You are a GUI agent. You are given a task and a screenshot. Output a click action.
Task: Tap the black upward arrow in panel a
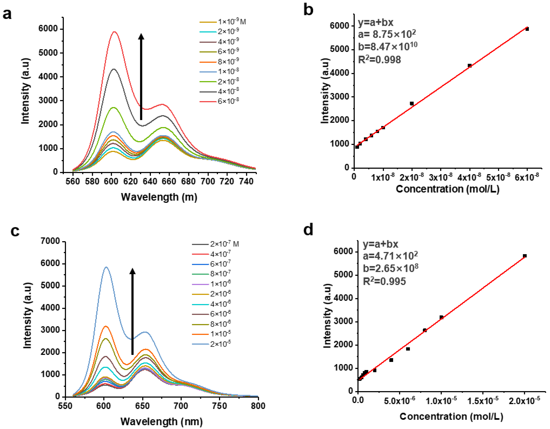click(x=141, y=76)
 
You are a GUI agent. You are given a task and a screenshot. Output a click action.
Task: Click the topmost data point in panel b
click(x=527, y=29)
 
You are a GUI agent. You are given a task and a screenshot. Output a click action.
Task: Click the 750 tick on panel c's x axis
click(x=220, y=406)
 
